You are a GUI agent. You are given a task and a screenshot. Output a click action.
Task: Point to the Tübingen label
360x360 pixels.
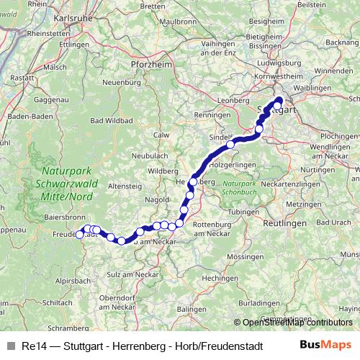click(x=242, y=212)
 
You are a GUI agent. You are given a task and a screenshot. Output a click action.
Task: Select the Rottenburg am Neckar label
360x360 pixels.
click(x=220, y=230)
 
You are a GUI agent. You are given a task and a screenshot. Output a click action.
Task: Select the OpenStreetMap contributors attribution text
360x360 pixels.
click(x=297, y=323)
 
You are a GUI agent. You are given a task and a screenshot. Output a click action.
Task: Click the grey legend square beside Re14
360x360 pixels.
click(x=10, y=345)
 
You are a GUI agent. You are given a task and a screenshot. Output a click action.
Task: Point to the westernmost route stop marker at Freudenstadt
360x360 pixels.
click(x=80, y=234)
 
